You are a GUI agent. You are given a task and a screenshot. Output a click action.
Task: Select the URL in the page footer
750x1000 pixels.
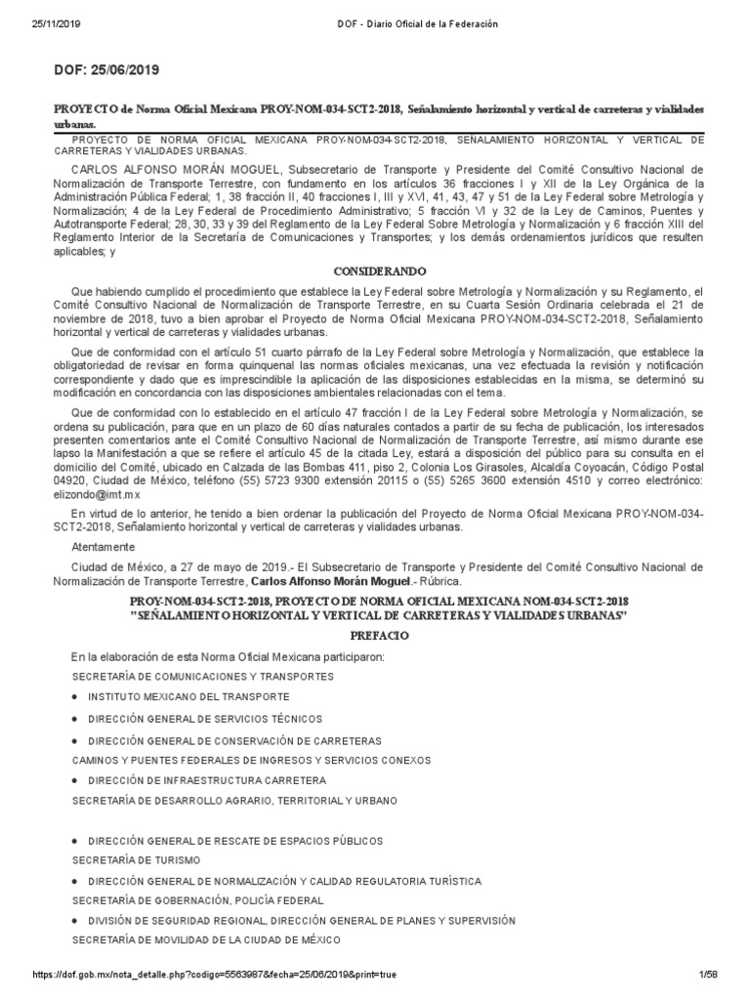(215, 975)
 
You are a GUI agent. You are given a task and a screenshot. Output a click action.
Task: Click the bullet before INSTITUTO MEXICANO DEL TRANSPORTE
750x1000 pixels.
(76, 696)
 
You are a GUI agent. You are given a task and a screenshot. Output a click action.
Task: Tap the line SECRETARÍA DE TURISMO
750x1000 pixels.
(137, 859)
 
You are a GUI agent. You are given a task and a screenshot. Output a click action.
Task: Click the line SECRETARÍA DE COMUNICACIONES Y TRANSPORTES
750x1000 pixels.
(203, 676)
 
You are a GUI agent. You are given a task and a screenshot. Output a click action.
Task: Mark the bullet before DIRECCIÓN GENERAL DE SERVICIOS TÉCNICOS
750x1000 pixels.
(76, 719)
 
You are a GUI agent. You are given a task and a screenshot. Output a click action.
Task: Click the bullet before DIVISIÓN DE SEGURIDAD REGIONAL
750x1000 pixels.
(76, 921)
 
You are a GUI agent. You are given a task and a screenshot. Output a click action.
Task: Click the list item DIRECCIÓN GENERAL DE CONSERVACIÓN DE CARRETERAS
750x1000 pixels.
(234, 741)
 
